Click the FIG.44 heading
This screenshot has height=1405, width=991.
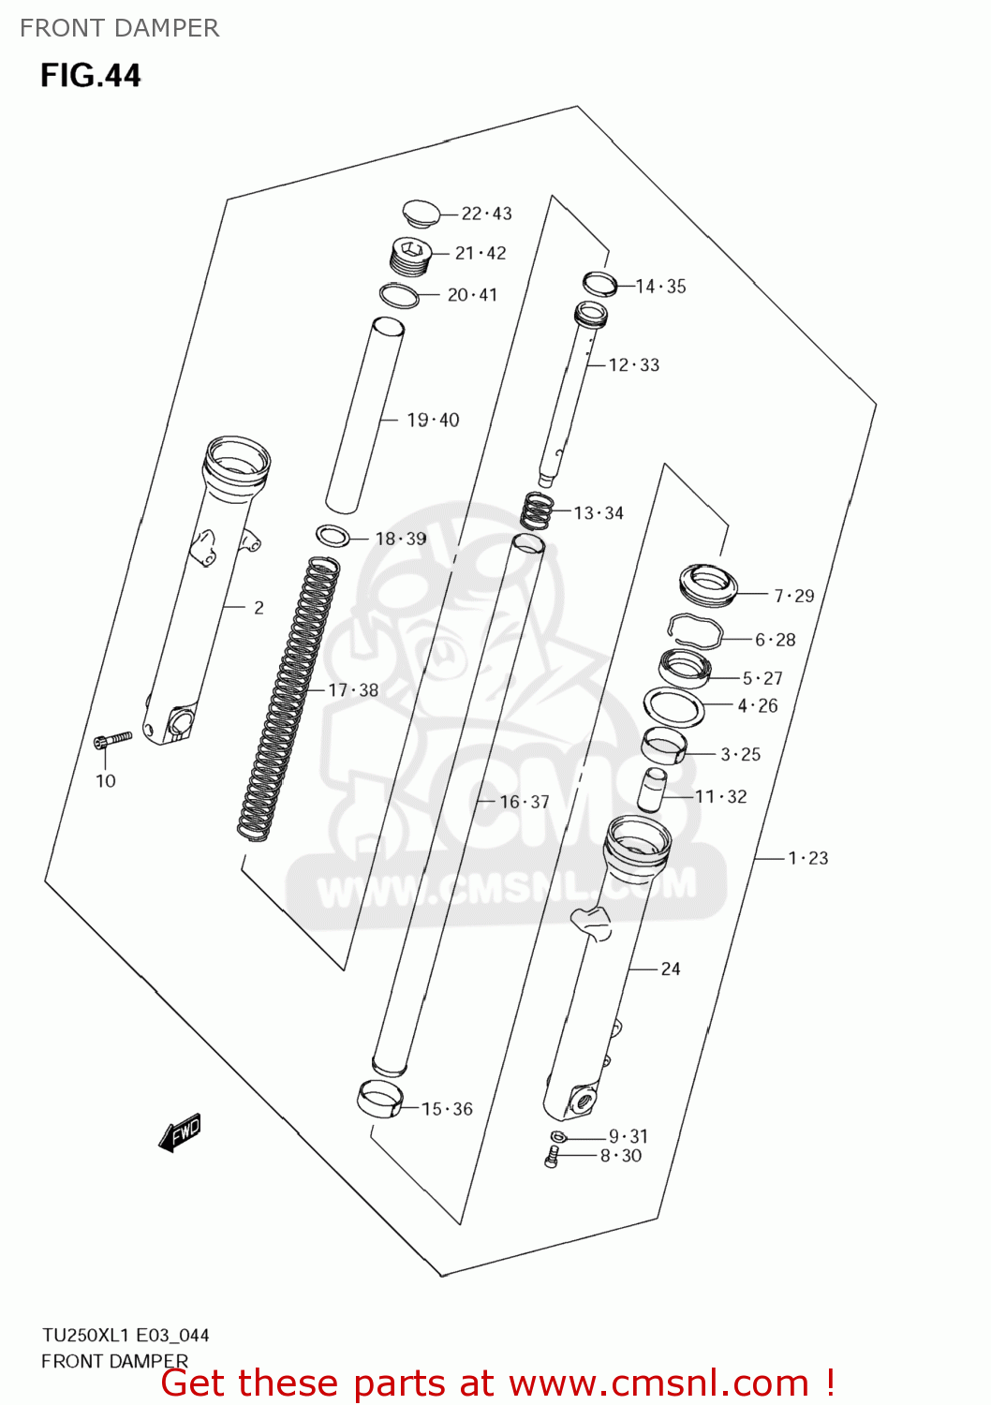tap(90, 75)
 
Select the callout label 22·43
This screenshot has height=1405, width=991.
tap(486, 214)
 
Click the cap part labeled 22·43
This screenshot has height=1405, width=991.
tap(422, 213)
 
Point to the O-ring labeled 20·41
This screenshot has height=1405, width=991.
tap(399, 295)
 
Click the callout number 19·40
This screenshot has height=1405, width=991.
tap(433, 420)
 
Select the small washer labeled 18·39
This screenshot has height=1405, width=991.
tap(333, 537)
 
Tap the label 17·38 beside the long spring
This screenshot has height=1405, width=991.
tap(353, 690)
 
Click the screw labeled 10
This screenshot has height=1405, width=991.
tap(112, 740)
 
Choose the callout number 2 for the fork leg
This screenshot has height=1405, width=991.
tap(259, 608)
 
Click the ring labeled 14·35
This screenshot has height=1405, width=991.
tap(599, 283)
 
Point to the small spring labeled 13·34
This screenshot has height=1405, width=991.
tap(537, 511)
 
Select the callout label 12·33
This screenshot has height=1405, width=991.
tap(634, 365)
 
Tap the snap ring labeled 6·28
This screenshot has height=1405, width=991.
tap(694, 629)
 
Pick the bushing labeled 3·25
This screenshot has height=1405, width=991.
tap(663, 746)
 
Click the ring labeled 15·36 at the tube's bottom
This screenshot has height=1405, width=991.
tap(379, 1099)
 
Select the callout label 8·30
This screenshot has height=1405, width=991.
tap(621, 1156)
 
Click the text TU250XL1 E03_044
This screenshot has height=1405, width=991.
tap(126, 1335)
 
